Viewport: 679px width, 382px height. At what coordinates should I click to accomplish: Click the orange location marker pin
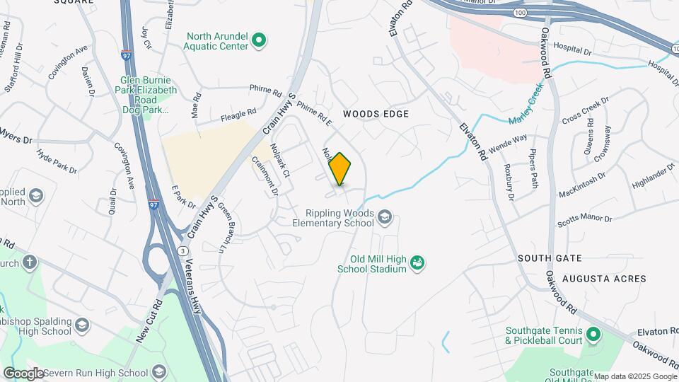click(x=340, y=169)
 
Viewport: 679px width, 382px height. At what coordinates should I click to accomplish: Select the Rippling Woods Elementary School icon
click(x=385, y=217)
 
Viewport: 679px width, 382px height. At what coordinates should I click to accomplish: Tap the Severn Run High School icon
click(x=159, y=372)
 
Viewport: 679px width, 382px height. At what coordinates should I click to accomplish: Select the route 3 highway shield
click(x=183, y=251)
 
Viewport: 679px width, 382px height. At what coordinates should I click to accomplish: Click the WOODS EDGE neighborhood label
click(x=376, y=114)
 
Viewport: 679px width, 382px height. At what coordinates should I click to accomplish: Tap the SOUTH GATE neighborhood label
click(x=550, y=258)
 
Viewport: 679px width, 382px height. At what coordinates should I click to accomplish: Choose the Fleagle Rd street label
click(x=238, y=114)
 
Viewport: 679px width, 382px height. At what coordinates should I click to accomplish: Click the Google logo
click(x=23, y=374)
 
